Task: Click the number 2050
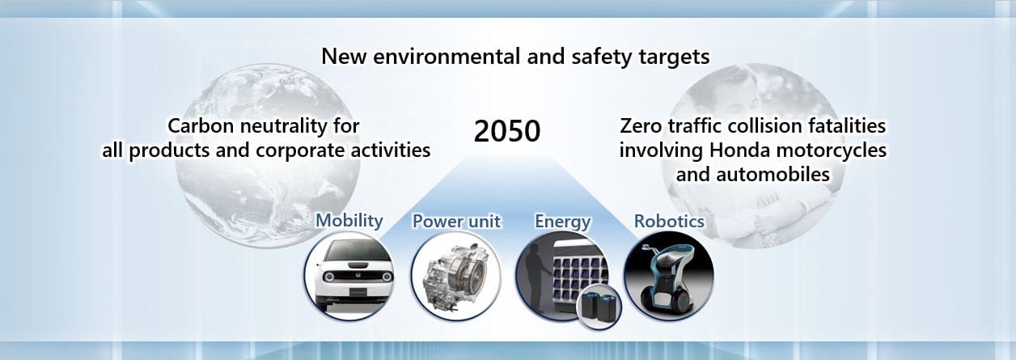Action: pos(506,131)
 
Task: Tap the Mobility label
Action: pos(349,220)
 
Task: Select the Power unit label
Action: pos(456,222)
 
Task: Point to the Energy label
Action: pos(562,222)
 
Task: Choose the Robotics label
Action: pos(669,222)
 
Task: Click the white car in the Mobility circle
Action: pos(349,276)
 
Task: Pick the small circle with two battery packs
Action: pos(599,307)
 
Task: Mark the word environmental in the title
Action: pos(447,57)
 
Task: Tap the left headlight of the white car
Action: pos(328,277)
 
